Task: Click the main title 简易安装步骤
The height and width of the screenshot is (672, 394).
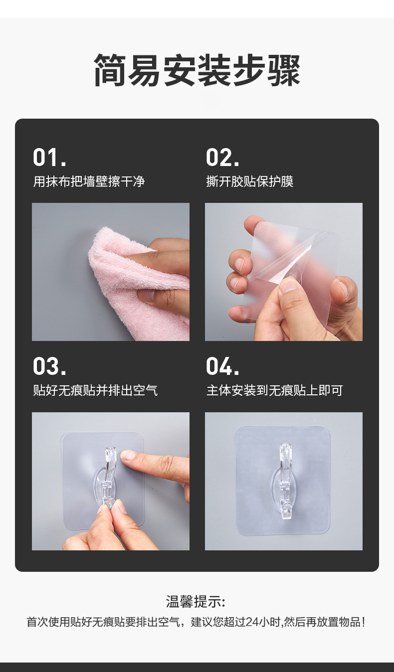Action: pyautogui.click(x=197, y=71)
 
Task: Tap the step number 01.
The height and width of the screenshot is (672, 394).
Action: pyautogui.click(x=49, y=158)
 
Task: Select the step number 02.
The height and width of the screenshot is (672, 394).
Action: pyautogui.click(x=222, y=158)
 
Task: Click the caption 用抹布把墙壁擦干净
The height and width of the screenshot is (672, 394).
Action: pyautogui.click(x=89, y=181)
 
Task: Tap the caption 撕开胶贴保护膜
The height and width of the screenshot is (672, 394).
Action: pyautogui.click(x=250, y=181)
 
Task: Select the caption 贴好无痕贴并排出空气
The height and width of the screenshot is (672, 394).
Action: pyautogui.click(x=95, y=390)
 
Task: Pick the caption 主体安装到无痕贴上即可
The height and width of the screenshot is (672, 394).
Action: pyautogui.click(x=275, y=390)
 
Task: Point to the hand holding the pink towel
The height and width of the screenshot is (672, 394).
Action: pyautogui.click(x=167, y=279)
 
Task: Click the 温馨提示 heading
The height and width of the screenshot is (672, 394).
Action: pyautogui.click(x=196, y=602)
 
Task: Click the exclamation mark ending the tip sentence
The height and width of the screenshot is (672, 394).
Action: pyautogui.click(x=363, y=622)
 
